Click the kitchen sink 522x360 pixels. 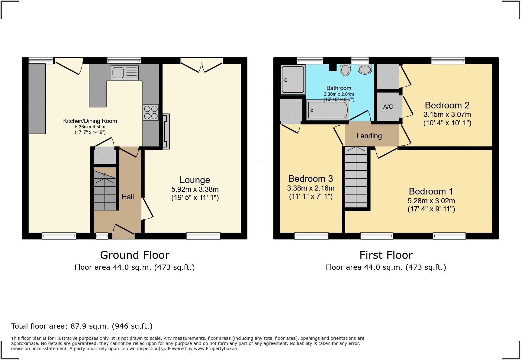coord(124,73)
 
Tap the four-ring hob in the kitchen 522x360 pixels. coord(151,112)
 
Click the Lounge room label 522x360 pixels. coord(195,180)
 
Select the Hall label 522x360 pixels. coord(128,197)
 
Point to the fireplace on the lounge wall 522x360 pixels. coord(166,131)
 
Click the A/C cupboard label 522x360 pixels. coord(388,107)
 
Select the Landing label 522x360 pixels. coord(369,136)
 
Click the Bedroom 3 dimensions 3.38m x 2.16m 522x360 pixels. coord(311,188)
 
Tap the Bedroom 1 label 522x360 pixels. coord(431,191)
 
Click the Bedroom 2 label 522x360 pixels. coord(447,105)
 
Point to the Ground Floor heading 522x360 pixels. coord(135,255)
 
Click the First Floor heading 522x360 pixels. coord(386,255)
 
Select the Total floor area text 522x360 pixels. coord(82,326)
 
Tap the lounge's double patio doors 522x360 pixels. coord(202,65)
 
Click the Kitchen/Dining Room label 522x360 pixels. coord(90,121)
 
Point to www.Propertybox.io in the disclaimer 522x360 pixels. coord(215,349)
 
